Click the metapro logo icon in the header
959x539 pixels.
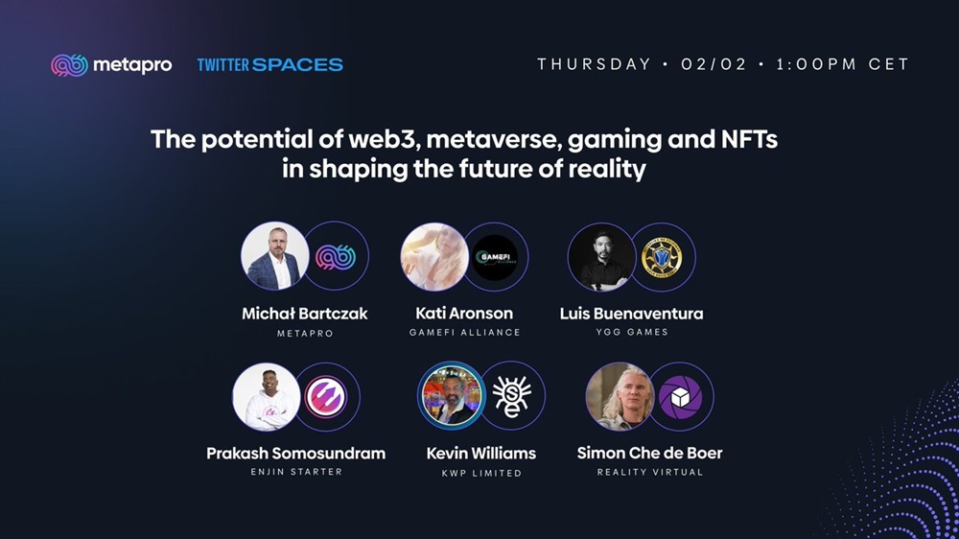coord(69,65)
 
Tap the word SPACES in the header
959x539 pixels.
coord(297,65)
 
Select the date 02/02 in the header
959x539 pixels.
coord(713,64)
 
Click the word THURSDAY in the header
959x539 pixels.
coord(594,64)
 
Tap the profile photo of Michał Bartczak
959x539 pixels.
coord(274,256)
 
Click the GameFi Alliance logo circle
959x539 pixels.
coord(495,257)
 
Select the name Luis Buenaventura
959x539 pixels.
coord(631,314)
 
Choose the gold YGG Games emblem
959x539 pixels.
coord(662,257)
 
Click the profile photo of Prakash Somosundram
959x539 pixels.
coord(266,397)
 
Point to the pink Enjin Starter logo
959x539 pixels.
coord(326,397)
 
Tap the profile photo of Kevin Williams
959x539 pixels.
coord(452,394)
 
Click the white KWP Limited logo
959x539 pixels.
coord(512,396)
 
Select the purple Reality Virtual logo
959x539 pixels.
coord(680,397)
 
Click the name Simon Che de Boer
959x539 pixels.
coord(649,453)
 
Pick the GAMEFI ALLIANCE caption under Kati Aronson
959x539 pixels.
coord(465,332)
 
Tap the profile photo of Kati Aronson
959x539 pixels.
coord(434,256)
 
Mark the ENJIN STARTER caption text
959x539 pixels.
coord(296,472)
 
